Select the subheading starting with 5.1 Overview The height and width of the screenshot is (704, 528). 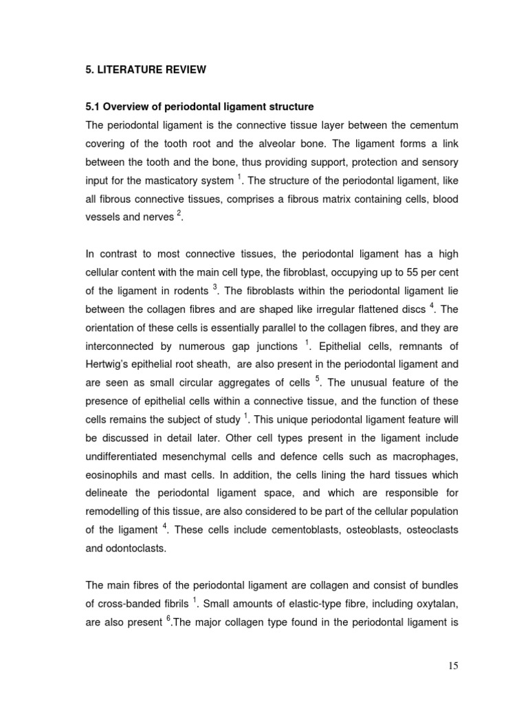click(x=199, y=107)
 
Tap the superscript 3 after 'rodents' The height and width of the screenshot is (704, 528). click(x=214, y=285)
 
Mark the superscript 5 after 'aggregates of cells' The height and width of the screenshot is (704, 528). click(x=318, y=378)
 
